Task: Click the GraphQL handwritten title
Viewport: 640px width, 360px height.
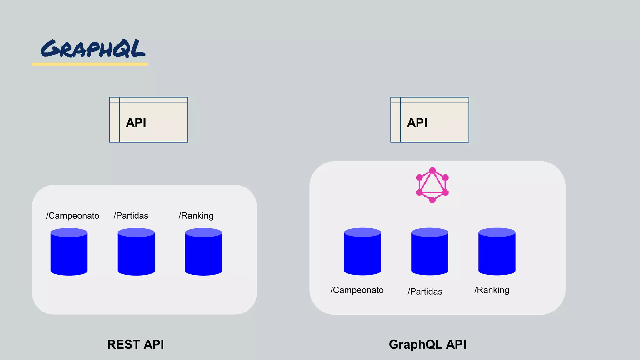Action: pyautogui.click(x=93, y=49)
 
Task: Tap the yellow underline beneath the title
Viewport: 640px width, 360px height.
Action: pyautogui.click(x=90, y=64)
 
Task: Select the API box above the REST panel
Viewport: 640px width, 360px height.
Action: pyautogui.click(x=149, y=120)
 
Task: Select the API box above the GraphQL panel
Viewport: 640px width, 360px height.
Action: pyautogui.click(x=430, y=120)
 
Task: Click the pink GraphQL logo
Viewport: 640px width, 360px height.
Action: pyautogui.click(x=432, y=185)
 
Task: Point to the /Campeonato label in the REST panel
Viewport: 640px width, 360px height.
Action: pyautogui.click(x=72, y=216)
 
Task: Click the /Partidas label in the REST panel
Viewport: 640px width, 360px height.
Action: pyautogui.click(x=131, y=216)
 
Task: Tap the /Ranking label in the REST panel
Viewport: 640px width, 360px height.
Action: pyautogui.click(x=196, y=216)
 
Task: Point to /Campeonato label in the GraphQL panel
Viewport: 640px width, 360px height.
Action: pyautogui.click(x=357, y=290)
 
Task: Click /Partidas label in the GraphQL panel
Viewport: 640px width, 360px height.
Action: pyautogui.click(x=425, y=292)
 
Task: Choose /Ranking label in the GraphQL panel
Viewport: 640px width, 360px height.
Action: pyautogui.click(x=492, y=290)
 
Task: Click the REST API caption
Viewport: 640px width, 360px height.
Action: pyautogui.click(x=135, y=344)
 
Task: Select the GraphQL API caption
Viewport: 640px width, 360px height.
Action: pyautogui.click(x=427, y=344)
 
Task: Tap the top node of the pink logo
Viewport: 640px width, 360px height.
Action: pyautogui.click(x=432, y=170)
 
